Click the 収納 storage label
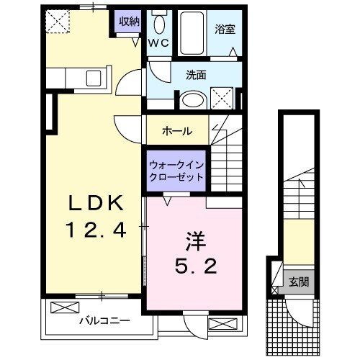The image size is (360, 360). coord(129,22)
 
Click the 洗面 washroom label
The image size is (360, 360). coord(197,73)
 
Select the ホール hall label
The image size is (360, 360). coord(176,131)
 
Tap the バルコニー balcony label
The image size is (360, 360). coord(104,321)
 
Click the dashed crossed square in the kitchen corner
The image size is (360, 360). coord(55,22)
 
